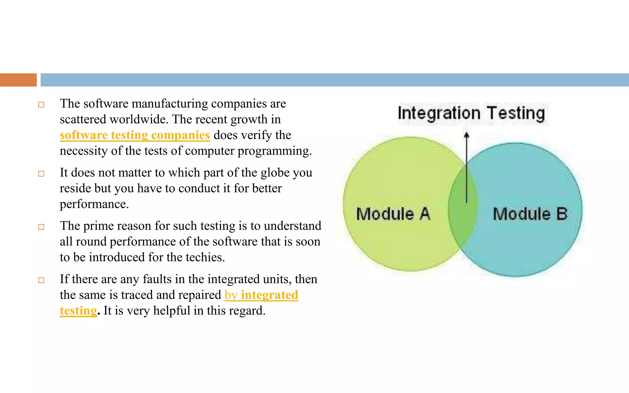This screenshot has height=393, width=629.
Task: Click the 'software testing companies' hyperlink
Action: tap(135, 135)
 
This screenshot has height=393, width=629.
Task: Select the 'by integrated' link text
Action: tap(261, 295)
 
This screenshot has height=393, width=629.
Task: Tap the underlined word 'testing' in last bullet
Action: tap(78, 311)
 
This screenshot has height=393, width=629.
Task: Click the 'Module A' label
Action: tap(393, 214)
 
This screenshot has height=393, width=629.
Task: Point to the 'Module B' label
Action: tap(530, 214)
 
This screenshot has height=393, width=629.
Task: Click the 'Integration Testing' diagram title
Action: tap(471, 113)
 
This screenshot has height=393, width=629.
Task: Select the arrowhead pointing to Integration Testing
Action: tap(467, 135)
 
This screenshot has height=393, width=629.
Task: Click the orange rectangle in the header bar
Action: tap(18, 80)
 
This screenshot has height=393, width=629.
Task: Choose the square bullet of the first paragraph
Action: tap(41, 105)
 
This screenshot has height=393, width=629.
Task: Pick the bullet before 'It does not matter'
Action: tap(41, 174)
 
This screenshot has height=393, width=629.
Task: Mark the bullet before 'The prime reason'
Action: tap(41, 227)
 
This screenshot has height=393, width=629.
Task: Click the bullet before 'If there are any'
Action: tap(41, 280)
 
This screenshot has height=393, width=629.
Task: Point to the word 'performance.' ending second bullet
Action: tap(94, 204)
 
